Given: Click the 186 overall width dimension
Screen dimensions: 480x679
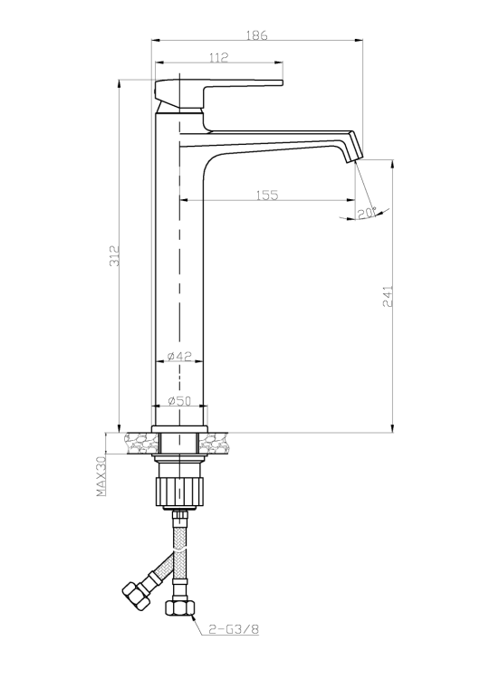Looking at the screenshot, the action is coord(257,35).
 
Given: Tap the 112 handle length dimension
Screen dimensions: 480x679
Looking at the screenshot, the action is coord(219,57).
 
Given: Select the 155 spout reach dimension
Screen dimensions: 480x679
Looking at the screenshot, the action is coord(267,195).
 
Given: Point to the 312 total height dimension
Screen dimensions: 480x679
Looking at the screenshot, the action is coord(114,255).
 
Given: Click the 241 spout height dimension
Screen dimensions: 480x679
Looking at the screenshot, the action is coord(388,296).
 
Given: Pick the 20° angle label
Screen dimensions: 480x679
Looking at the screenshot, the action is coord(367,213).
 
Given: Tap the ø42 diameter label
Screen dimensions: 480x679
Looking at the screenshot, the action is coord(179,356).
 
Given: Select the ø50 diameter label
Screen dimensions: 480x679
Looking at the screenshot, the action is coord(179,401).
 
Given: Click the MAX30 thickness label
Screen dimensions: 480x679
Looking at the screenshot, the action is coord(101,475).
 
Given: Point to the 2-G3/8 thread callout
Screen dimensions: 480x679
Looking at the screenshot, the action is coord(234,629).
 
